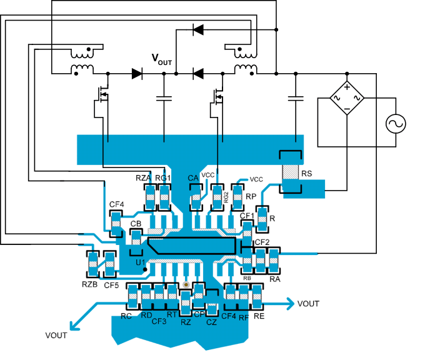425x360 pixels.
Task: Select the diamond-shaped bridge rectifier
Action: [x=346, y=98]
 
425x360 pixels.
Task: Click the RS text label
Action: [x=307, y=174]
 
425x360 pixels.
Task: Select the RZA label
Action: [x=144, y=179]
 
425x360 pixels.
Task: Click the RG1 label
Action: [x=163, y=179]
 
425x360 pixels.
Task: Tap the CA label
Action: [x=193, y=179]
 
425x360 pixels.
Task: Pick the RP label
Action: [x=251, y=195]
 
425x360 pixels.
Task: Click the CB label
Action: [x=135, y=224]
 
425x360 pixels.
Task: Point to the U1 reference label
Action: [x=141, y=262]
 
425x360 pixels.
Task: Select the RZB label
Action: [x=89, y=285]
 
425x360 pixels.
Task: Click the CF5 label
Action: [x=111, y=285]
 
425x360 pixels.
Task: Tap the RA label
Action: [x=274, y=279]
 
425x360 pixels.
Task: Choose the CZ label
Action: [x=211, y=322]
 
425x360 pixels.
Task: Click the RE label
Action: [x=259, y=317]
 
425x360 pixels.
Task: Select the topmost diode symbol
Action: [x=197, y=29]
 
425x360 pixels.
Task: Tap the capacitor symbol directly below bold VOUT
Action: [x=164, y=98]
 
